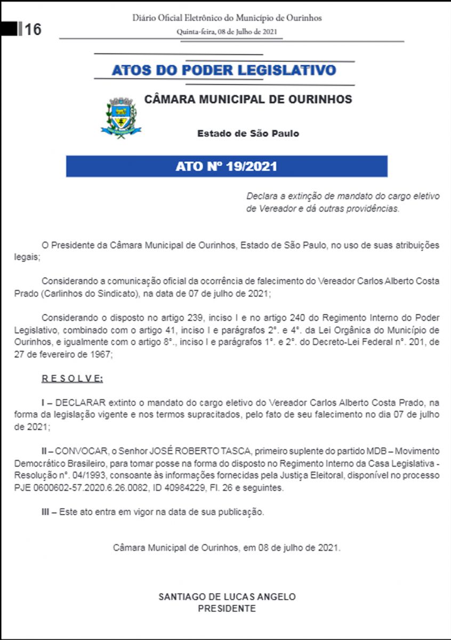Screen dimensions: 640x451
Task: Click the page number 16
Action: [33, 29]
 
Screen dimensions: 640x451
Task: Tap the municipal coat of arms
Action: [121, 118]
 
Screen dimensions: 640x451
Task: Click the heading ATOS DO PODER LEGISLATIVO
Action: [224, 70]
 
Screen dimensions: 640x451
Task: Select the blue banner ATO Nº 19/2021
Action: [227, 166]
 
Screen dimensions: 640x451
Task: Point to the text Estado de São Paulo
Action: [248, 133]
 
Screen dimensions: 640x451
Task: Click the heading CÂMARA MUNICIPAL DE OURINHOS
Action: [248, 99]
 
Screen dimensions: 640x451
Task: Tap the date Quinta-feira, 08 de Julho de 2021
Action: [227, 31]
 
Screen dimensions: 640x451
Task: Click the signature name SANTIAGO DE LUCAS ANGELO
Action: [227, 597]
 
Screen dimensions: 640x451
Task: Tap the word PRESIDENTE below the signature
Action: [227, 609]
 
